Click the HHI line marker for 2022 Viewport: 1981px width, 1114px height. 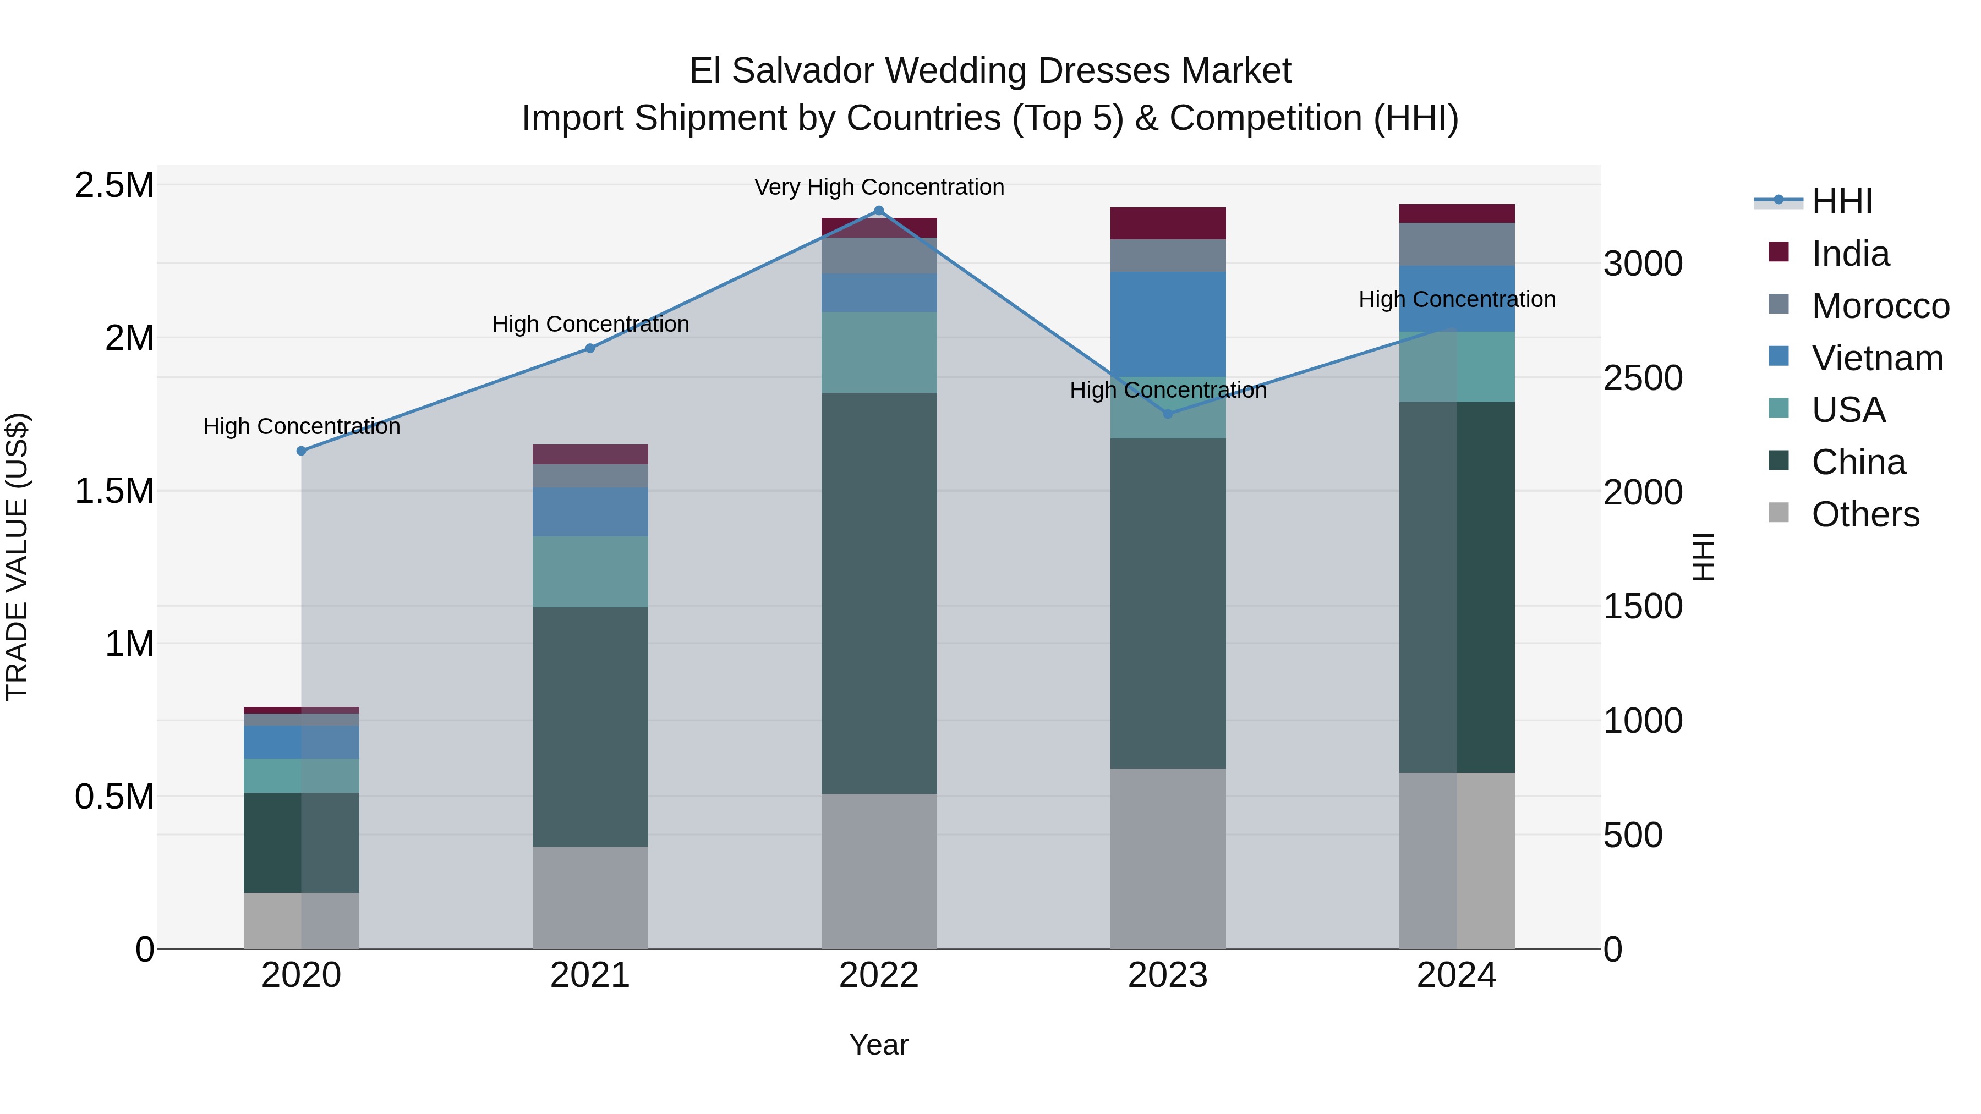[x=879, y=211]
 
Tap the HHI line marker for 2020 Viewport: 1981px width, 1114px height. [x=302, y=451]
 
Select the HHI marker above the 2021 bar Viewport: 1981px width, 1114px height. [x=590, y=348]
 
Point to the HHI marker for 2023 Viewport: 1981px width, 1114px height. [x=1167, y=414]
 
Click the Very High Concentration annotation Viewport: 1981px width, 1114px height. [x=879, y=187]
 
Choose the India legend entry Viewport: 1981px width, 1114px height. [x=1849, y=254]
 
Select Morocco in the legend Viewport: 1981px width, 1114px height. [x=1880, y=306]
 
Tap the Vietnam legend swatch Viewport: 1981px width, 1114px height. [x=1778, y=356]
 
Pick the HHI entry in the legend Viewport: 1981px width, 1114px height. [x=1841, y=201]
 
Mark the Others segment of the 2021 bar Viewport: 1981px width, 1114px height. [x=590, y=897]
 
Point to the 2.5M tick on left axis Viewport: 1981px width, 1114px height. [x=114, y=185]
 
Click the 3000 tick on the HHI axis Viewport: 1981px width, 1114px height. [x=1643, y=264]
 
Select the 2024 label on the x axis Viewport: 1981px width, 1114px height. [x=1455, y=975]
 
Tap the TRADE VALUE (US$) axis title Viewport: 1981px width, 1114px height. [x=17, y=557]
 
